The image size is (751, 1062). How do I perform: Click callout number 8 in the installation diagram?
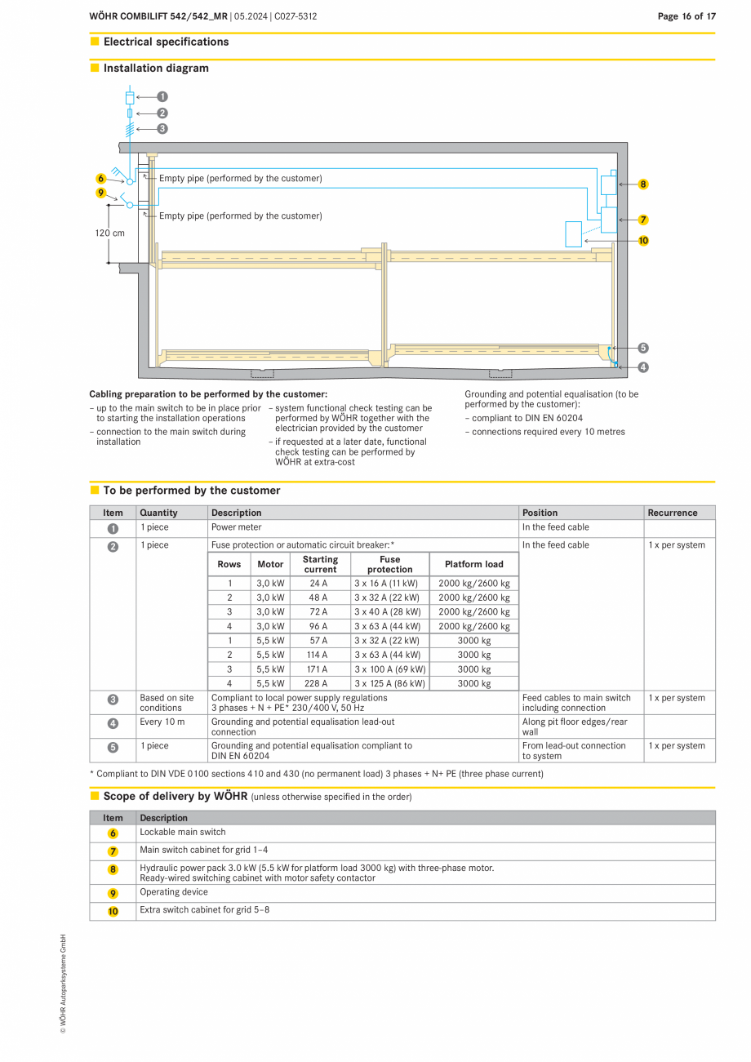[643, 184]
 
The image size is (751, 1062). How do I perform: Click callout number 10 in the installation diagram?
[643, 241]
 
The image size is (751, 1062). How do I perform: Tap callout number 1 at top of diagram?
[162, 96]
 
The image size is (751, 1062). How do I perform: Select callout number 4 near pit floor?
[643, 367]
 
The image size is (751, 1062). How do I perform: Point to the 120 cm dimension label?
[110, 233]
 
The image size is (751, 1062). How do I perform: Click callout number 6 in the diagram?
[101, 178]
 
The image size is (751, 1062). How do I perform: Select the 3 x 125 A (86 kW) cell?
[389, 683]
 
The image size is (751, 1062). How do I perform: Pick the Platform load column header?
[473, 564]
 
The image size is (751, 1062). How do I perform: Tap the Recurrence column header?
[673, 513]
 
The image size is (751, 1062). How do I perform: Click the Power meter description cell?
[237, 527]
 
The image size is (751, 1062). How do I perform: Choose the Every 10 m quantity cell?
[162, 722]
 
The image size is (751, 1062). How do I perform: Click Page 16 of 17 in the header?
[687, 16]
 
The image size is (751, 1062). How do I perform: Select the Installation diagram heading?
[156, 69]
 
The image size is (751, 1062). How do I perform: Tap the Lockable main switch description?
[183, 832]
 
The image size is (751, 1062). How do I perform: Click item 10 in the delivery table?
[113, 911]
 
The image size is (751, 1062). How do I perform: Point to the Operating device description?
[174, 891]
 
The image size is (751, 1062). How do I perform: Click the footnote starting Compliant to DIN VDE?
[316, 773]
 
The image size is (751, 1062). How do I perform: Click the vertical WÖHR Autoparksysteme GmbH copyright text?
[63, 984]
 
